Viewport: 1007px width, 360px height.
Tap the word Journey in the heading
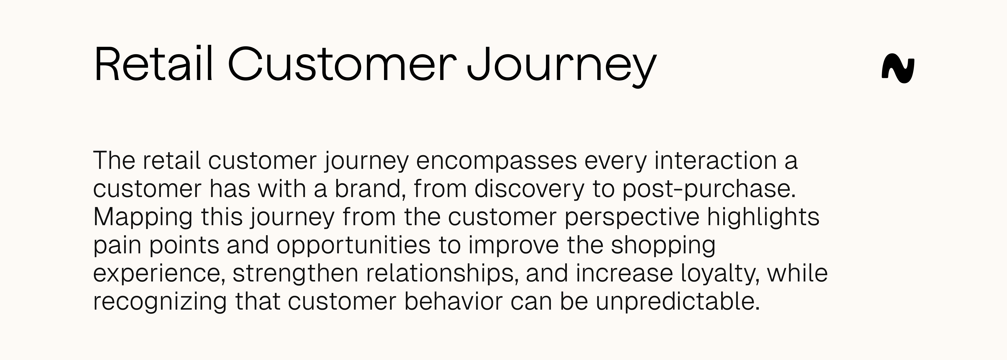point(561,66)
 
